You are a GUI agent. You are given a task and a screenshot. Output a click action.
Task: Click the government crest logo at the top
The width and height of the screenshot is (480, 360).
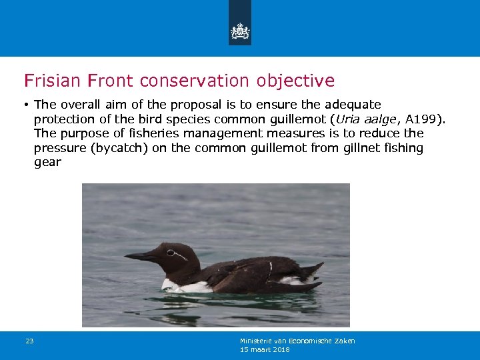tap(240, 30)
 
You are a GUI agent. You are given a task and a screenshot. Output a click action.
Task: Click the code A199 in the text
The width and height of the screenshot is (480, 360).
tap(421, 119)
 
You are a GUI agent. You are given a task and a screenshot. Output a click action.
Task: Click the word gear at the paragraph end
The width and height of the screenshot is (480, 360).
tap(47, 162)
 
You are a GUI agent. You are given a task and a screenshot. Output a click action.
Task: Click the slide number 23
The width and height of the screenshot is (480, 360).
tap(29, 341)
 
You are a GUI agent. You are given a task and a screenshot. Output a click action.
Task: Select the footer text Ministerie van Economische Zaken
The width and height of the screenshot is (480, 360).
tap(297, 341)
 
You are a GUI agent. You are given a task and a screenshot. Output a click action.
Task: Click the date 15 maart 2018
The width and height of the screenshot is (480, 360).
tap(265, 349)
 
